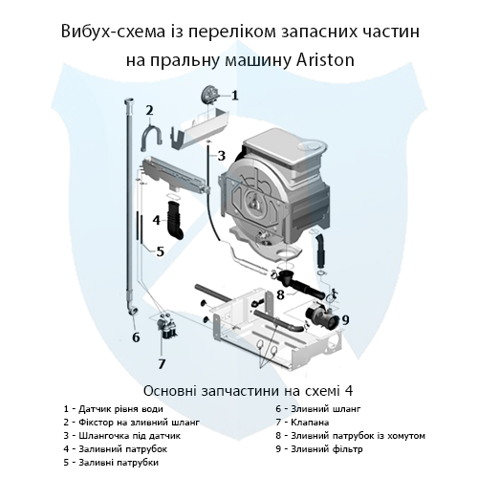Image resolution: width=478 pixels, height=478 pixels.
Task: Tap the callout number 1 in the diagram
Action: pos(235,96)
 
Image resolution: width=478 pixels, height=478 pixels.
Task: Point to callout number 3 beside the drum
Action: pos(221,156)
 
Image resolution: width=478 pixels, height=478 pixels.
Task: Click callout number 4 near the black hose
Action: pos(141,220)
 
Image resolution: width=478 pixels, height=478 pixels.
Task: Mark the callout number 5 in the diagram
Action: pos(160,252)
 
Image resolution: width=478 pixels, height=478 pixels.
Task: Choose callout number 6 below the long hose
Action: pos(136,337)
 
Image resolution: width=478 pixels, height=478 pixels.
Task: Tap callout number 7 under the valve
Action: pos(162,363)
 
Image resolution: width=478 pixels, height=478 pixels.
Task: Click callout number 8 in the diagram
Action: pos(280,294)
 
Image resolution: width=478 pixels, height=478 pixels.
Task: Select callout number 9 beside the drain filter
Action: pos(345,318)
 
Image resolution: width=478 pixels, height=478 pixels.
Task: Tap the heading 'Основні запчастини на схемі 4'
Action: pos(238,390)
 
